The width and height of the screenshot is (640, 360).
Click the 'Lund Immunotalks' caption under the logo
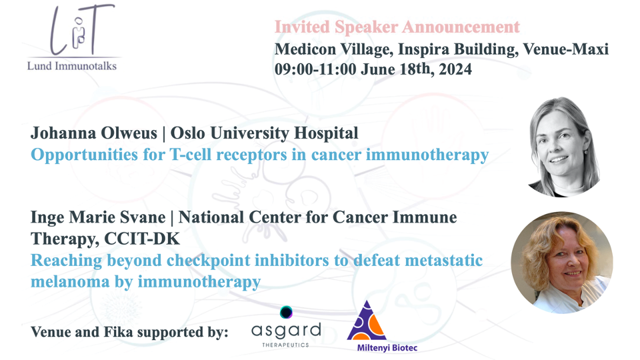(72, 66)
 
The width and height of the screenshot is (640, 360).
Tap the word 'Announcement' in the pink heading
(461, 27)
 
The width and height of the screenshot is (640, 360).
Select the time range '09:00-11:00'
(315, 69)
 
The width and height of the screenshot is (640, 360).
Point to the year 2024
(455, 69)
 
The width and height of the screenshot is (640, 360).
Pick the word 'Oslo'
(188, 133)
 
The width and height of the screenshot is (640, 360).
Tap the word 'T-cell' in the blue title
(190, 155)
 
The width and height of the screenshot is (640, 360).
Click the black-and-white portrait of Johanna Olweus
(564, 147)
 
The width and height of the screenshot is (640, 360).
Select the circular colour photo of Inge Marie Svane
(562, 263)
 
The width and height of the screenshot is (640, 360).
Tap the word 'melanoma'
(70, 281)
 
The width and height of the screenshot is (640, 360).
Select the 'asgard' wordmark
(286, 331)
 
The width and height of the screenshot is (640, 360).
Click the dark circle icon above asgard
(286, 312)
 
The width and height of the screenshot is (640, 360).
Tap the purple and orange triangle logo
(367, 321)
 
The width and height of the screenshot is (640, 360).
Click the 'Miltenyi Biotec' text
(387, 348)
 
